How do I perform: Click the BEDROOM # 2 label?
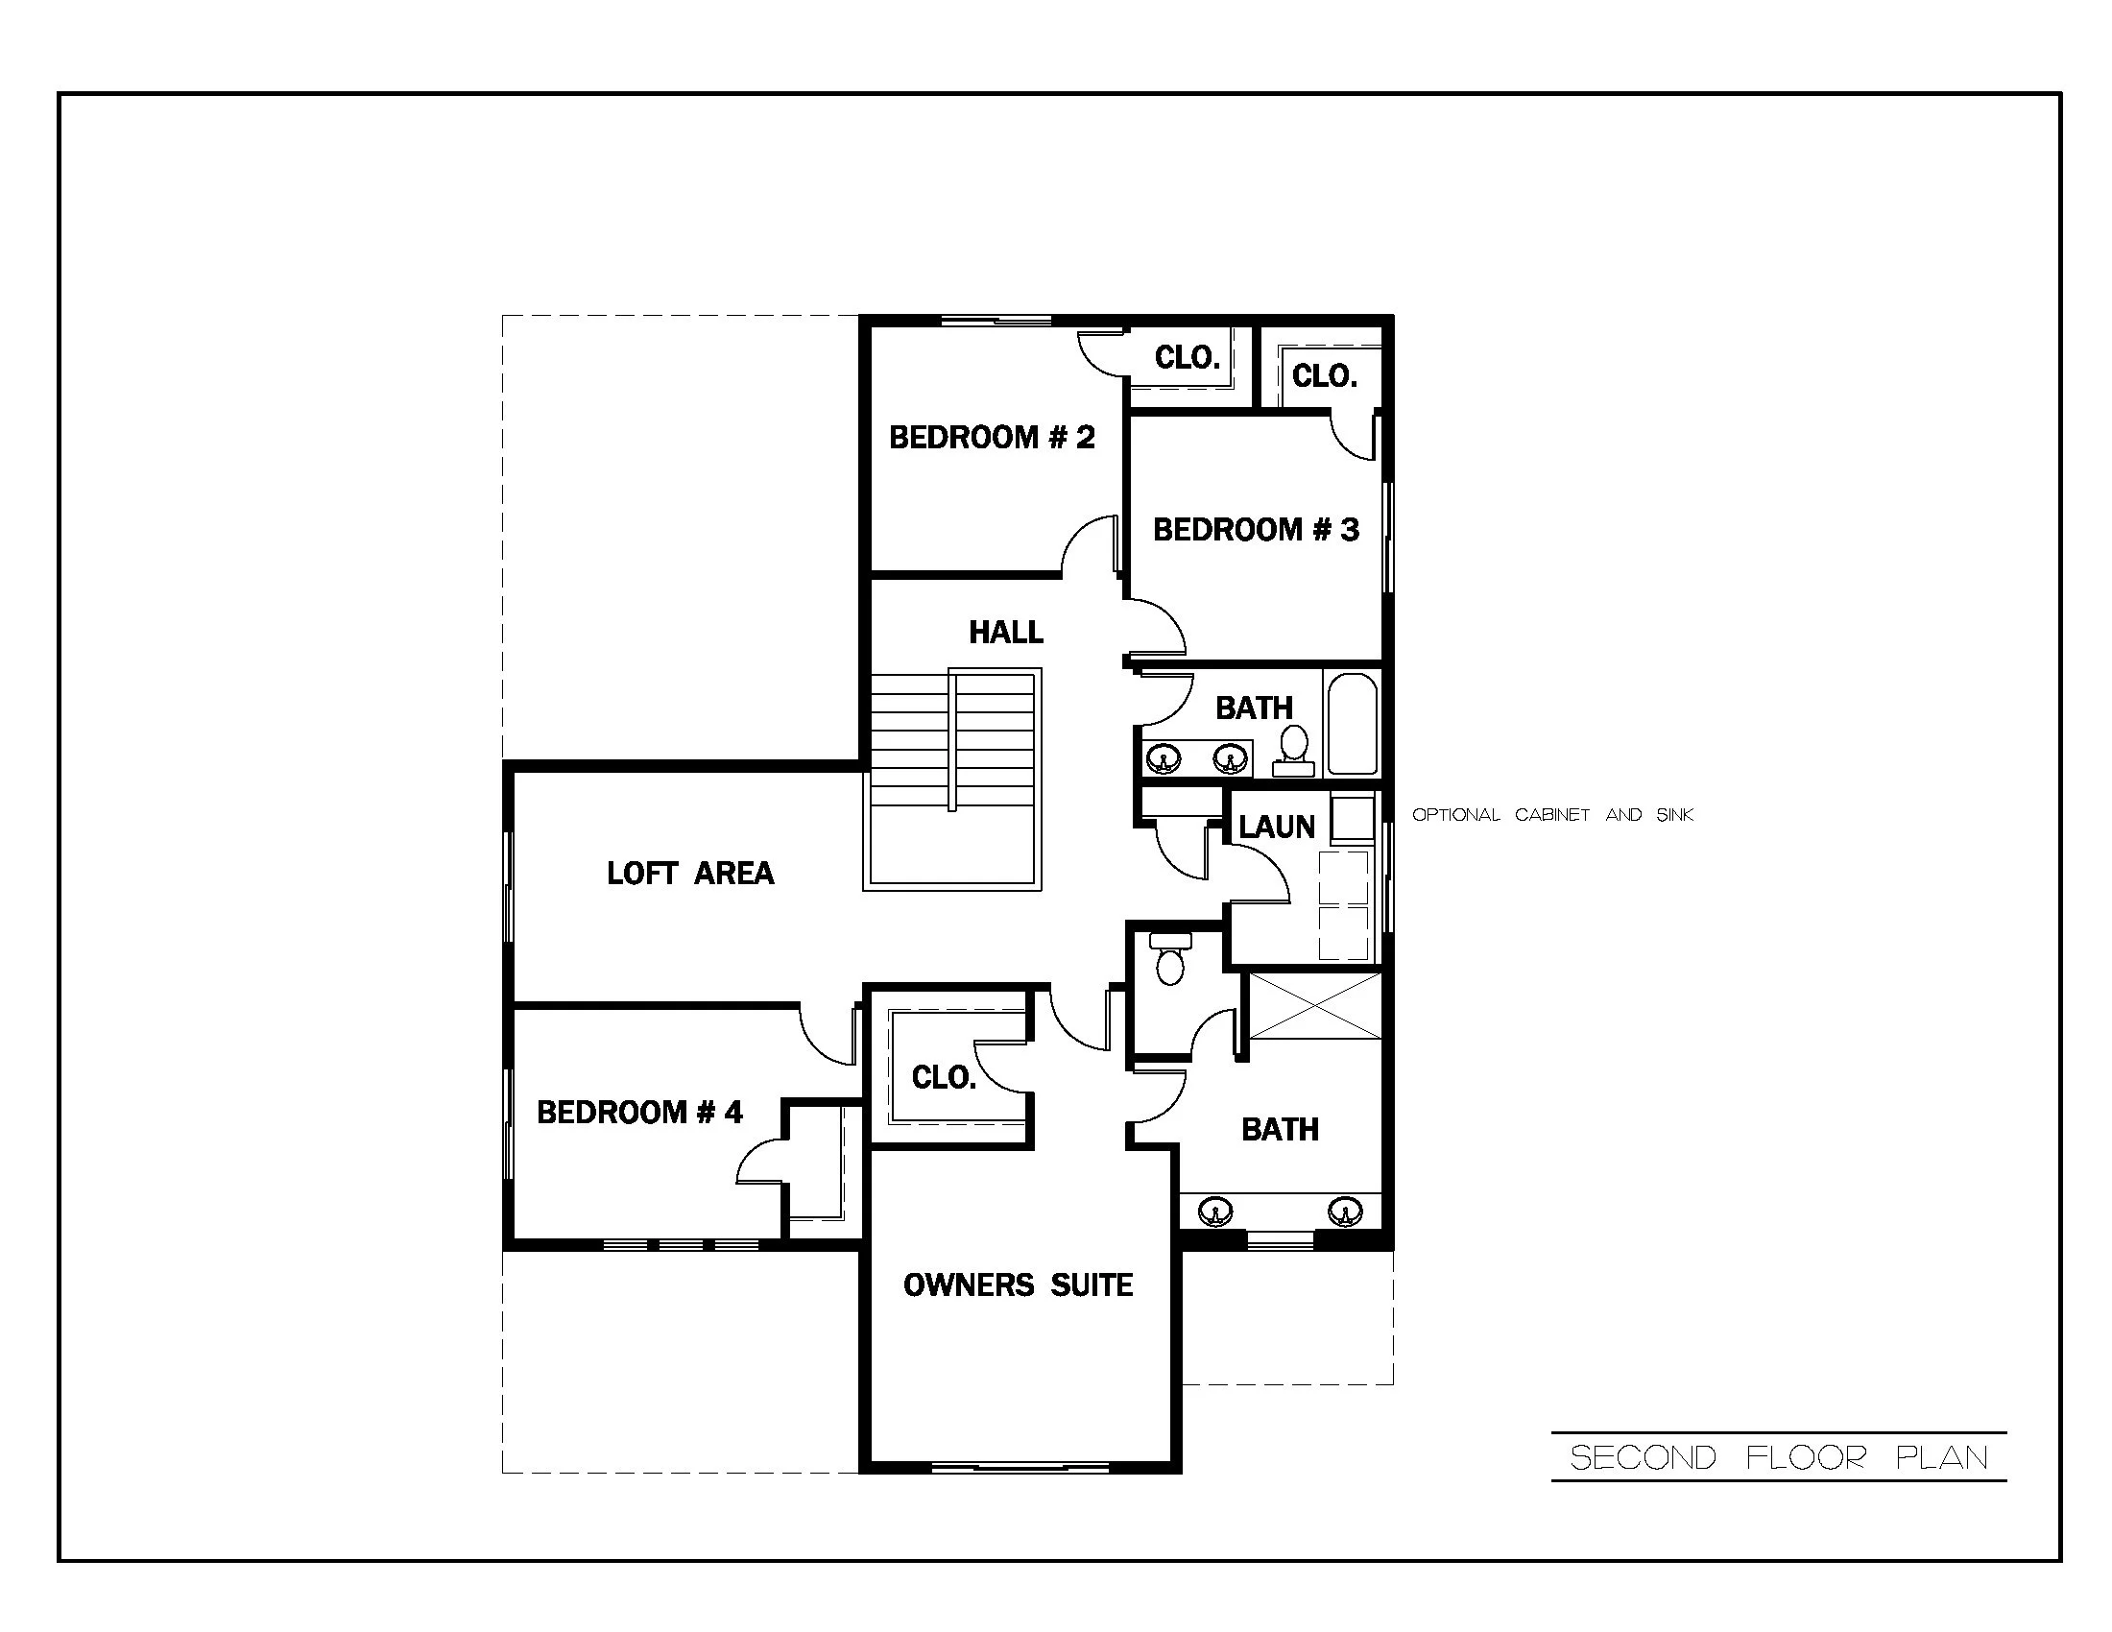pyautogui.click(x=992, y=438)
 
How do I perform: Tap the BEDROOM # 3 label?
pyautogui.click(x=1256, y=530)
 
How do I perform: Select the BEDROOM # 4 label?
pyautogui.click(x=639, y=1113)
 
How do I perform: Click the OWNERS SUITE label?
pyautogui.click(x=1018, y=1285)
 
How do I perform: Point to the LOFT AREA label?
pyautogui.click(x=689, y=874)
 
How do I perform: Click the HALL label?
pyautogui.click(x=1006, y=634)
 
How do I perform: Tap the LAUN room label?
pyautogui.click(x=1277, y=828)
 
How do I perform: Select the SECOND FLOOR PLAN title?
pyautogui.click(x=1778, y=1458)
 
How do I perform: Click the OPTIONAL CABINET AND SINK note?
pyautogui.click(x=1552, y=815)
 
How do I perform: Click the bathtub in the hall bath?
pyautogui.click(x=1352, y=724)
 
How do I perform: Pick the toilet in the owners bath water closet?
pyautogui.click(x=1170, y=958)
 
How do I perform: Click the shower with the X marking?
pyautogui.click(x=1315, y=1006)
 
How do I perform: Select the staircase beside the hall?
pyautogui.click(x=952, y=779)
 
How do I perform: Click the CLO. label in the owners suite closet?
pyautogui.click(x=944, y=1077)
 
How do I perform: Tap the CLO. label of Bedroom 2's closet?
pyautogui.click(x=1187, y=359)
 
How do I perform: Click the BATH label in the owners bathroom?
pyautogui.click(x=1280, y=1129)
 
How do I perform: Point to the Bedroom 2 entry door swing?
pyautogui.click(x=1091, y=546)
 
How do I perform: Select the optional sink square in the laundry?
pyautogui.click(x=1352, y=819)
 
